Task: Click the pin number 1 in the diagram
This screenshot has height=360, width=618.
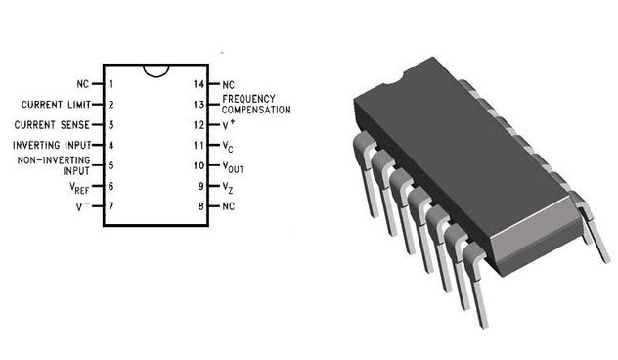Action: [x=111, y=84]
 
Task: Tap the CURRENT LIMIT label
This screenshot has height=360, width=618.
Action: [x=56, y=105]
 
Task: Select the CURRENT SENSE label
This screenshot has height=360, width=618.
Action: [x=52, y=125]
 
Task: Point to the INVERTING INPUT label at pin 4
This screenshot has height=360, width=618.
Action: [x=52, y=145]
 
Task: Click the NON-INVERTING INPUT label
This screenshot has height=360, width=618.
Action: [x=54, y=165]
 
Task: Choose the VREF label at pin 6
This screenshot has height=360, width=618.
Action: [x=79, y=188]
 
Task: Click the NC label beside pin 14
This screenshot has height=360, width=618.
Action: [x=228, y=85]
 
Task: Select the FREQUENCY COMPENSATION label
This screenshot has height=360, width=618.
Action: [x=256, y=105]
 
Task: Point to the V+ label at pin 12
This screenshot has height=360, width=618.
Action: [x=229, y=124]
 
